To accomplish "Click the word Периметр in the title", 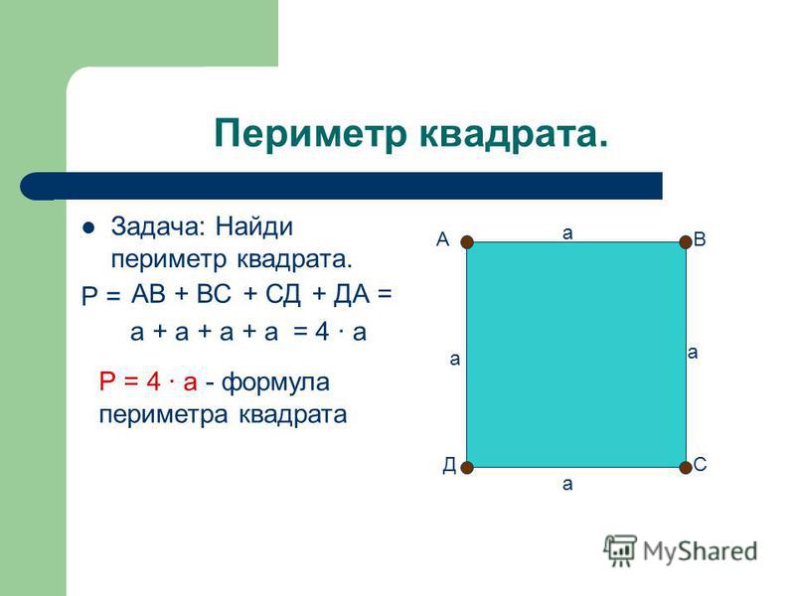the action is pos(311,134).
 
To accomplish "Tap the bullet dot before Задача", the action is pos(88,228).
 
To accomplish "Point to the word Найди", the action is pos(254,227).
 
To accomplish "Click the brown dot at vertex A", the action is pos(467,242).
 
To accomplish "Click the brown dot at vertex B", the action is pos(686,241).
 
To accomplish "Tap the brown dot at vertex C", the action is pos(686,467).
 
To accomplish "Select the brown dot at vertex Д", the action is pos(467,467).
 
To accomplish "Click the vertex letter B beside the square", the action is pos(700,239).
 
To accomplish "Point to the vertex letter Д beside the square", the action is pos(450,465).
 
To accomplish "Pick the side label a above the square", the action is pos(567,233).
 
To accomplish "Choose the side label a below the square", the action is pos(567,485).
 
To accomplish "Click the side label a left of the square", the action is pos(455,360).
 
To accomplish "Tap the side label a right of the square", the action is pos(693,353).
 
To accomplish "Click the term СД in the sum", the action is pos(283,294).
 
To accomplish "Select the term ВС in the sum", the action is pos(214,294).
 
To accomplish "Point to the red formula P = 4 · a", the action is pos(148,381).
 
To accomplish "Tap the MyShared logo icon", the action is pos(619,550).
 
